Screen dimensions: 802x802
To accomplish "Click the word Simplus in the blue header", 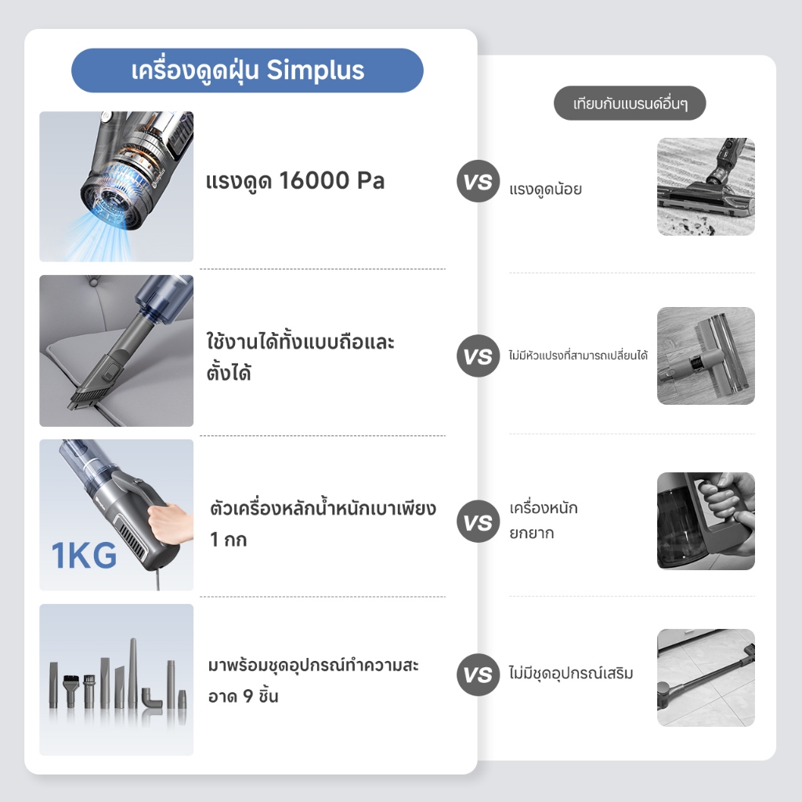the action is tap(315, 71).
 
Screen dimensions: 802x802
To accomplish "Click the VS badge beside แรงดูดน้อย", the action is tap(478, 181).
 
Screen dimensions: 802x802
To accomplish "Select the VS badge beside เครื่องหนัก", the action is tap(478, 521).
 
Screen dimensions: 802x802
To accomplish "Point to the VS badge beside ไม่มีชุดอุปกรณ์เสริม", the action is tap(478, 674).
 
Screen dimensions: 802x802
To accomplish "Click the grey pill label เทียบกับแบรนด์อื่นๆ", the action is tap(630, 103).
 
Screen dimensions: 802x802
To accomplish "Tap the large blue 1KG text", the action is tap(84, 555).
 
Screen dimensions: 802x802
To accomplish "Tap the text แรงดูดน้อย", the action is tap(545, 190).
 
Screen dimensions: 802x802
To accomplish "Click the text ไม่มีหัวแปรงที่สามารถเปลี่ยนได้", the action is tap(578, 355).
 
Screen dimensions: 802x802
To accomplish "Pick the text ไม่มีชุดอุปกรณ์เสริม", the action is tap(571, 673).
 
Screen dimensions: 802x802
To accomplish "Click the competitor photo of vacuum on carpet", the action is tap(706, 186).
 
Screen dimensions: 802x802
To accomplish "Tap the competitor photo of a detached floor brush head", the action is tap(706, 356).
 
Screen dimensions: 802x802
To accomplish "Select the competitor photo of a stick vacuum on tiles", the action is tap(706, 677).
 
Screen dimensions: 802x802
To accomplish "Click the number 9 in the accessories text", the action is tap(248, 696).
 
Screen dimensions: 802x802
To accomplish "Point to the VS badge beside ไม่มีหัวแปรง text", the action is tap(478, 356).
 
